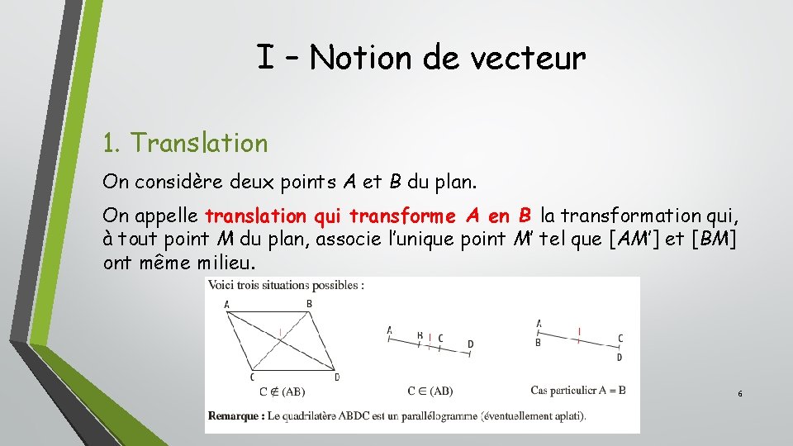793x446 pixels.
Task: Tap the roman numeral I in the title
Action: [265, 59]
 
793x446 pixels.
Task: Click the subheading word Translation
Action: [199, 143]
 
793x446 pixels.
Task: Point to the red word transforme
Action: [402, 216]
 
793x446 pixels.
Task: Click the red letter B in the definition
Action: [525, 216]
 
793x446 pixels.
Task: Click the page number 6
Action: [739, 394]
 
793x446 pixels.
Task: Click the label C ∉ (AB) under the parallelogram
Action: [282, 391]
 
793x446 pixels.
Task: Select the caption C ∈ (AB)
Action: [430, 391]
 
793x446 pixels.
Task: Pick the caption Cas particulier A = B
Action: [577, 390]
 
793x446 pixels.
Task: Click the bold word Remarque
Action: [235, 415]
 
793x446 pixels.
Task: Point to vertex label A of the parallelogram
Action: [227, 305]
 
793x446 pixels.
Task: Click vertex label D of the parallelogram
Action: [337, 377]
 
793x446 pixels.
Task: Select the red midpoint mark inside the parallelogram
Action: [281, 333]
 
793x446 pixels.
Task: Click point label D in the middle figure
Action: [470, 344]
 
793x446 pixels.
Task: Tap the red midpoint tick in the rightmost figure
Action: [579, 333]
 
